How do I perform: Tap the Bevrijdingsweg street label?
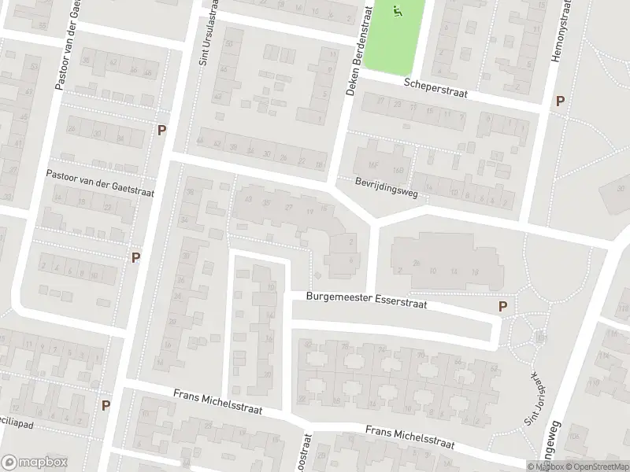pyautogui.click(x=385, y=187)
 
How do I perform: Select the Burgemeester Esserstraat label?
pyautogui.click(x=366, y=300)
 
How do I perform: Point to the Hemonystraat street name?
pyautogui.click(x=564, y=31)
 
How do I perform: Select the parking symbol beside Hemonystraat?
pyautogui.click(x=560, y=101)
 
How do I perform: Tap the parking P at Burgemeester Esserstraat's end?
pyautogui.click(x=503, y=307)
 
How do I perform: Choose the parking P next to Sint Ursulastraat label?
pyautogui.click(x=162, y=130)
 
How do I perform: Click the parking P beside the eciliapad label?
pyautogui.click(x=106, y=405)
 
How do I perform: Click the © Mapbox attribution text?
pyautogui.click(x=547, y=466)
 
